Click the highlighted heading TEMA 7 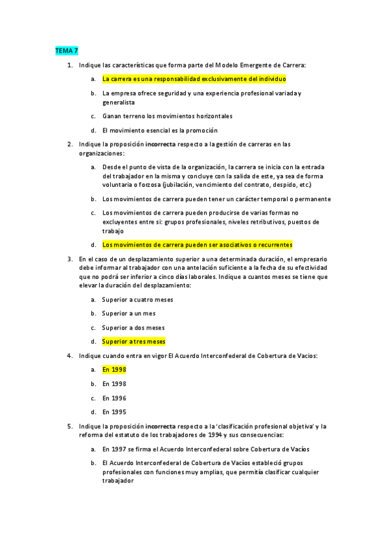coord(65,50)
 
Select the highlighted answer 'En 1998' coord(114,369)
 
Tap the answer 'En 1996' coord(114,398)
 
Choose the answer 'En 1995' coord(114,412)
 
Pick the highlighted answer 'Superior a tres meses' coord(133,341)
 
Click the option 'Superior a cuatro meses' coord(137,300)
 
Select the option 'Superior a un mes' coord(129,313)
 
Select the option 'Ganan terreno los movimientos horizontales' coord(167,116)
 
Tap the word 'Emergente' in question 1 coord(246,65)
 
